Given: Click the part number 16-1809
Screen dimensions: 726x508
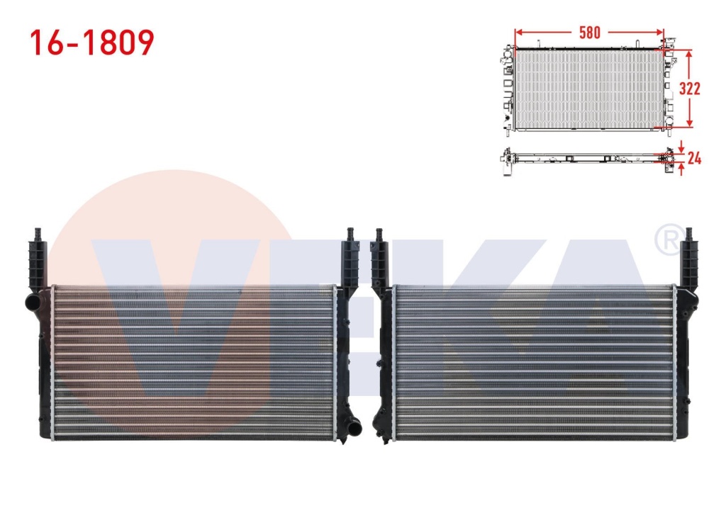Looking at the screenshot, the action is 91,43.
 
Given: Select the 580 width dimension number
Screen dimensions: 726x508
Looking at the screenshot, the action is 589,33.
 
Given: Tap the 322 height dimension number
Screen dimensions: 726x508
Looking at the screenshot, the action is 689,89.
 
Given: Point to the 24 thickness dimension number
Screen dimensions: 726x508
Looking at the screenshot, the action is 694,158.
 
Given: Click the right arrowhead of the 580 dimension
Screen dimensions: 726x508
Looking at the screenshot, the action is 659,33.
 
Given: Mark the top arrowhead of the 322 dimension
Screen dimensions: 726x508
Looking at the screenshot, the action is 689,54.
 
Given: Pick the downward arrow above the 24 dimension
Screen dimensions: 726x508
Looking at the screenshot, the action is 681,147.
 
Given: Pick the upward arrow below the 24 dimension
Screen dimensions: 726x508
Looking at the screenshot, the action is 681,170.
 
